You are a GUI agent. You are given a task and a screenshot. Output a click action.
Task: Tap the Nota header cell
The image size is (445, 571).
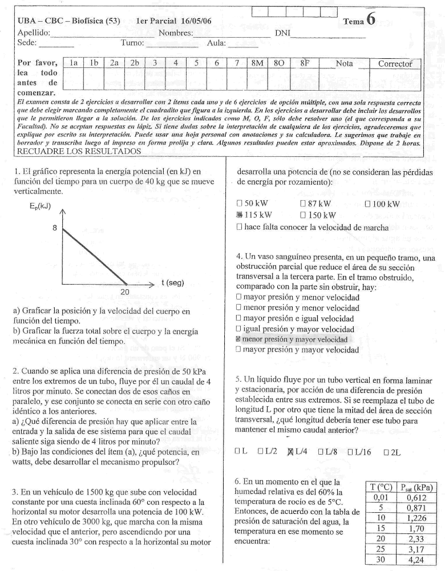pyautogui.click(x=344, y=63)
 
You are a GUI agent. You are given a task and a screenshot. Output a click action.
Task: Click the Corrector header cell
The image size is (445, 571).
pyautogui.click(x=395, y=63)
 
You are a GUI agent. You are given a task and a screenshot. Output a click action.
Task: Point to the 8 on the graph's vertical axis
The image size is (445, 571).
pyautogui.click(x=55, y=228)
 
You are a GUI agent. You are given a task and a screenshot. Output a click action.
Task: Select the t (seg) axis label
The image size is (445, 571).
pyautogui.click(x=172, y=282)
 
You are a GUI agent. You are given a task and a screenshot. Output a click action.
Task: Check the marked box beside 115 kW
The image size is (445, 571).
pyautogui.click(x=240, y=215)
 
